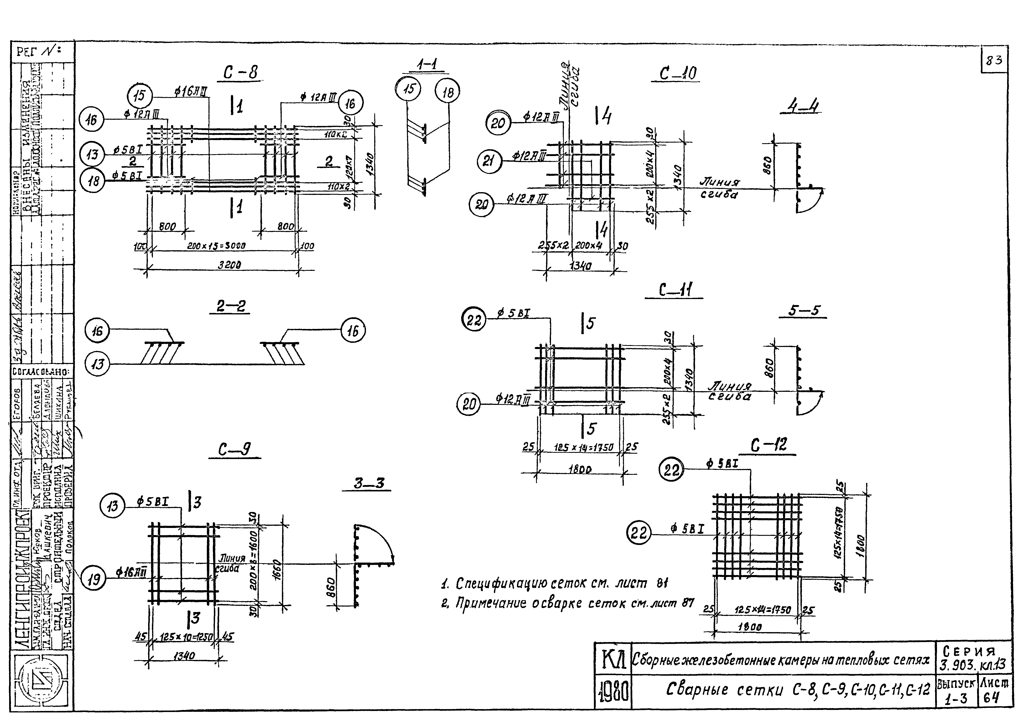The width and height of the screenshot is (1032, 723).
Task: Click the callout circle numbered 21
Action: (x=489, y=161)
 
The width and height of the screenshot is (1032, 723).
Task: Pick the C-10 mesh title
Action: (x=678, y=73)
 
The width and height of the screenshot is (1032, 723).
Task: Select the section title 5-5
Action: (x=804, y=310)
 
